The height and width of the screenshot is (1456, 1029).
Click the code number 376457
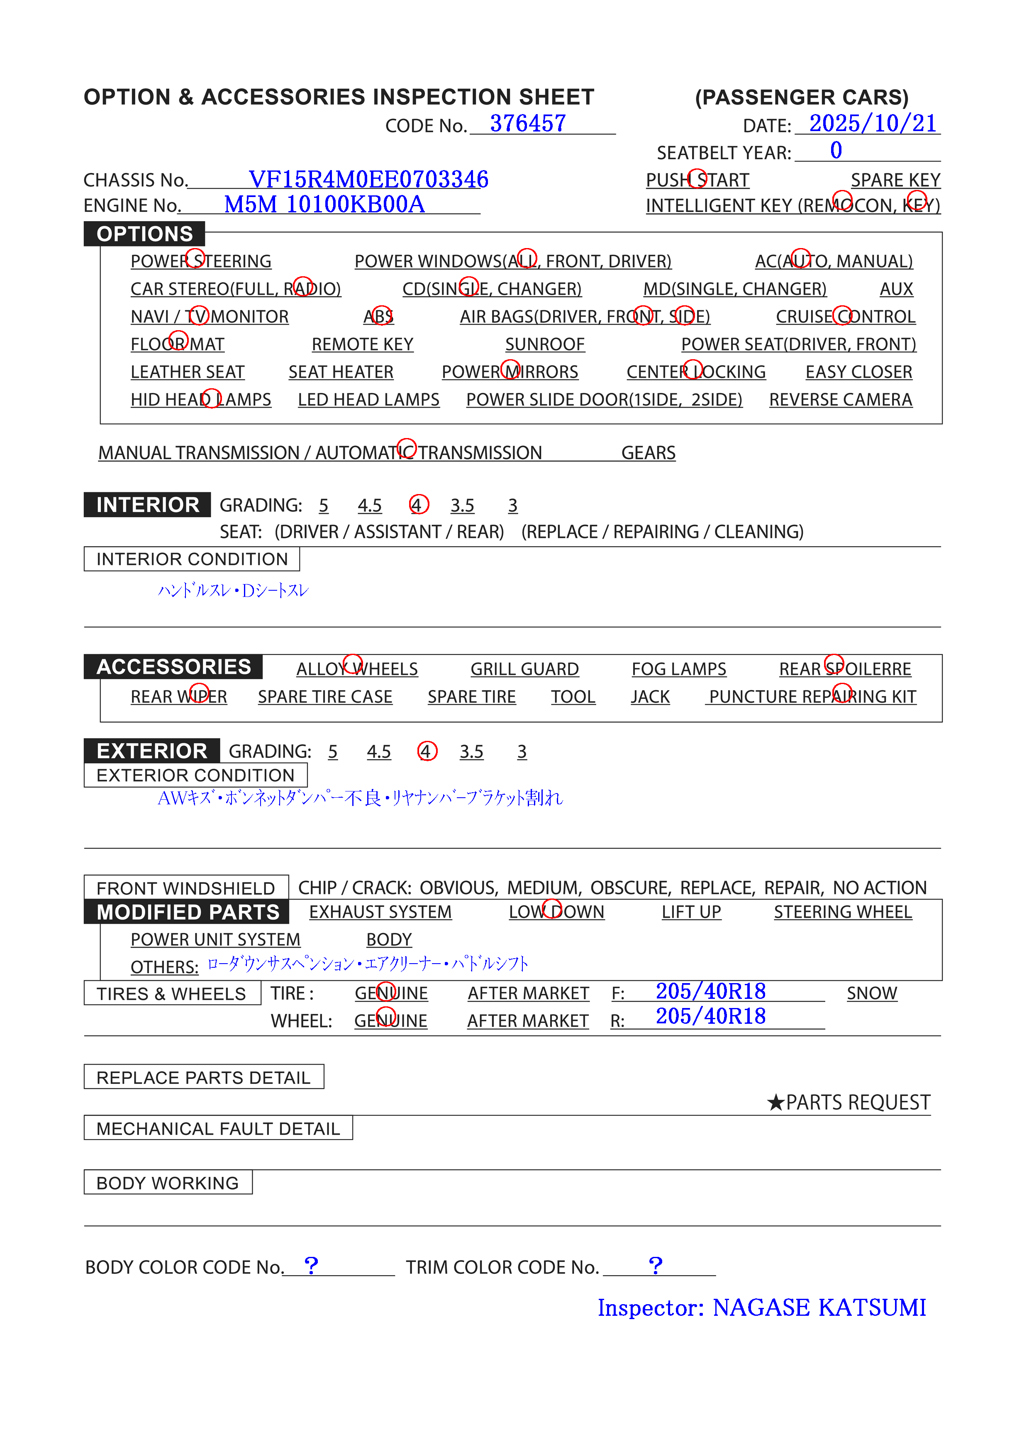(527, 123)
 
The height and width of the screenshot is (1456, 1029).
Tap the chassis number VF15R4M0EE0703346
(368, 180)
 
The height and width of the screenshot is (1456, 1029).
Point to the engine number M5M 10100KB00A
(324, 204)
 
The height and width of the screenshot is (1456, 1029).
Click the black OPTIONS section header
(145, 234)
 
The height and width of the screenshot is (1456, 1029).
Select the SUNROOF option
(544, 344)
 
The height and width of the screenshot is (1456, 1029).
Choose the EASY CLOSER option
(858, 372)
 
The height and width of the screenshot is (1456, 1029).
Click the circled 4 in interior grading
(419, 505)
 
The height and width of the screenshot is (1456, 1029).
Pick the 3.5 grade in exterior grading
(471, 752)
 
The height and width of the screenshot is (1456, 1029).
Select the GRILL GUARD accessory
(524, 669)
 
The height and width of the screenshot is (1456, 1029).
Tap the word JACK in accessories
(650, 697)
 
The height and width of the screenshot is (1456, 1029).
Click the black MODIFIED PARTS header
(188, 912)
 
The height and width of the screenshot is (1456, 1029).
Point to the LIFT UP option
(691, 912)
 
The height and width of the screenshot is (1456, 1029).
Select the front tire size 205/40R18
(710, 991)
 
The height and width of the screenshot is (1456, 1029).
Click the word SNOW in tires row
(872, 993)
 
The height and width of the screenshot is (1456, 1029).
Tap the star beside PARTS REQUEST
(775, 1103)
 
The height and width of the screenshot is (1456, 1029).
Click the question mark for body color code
(311, 1266)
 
